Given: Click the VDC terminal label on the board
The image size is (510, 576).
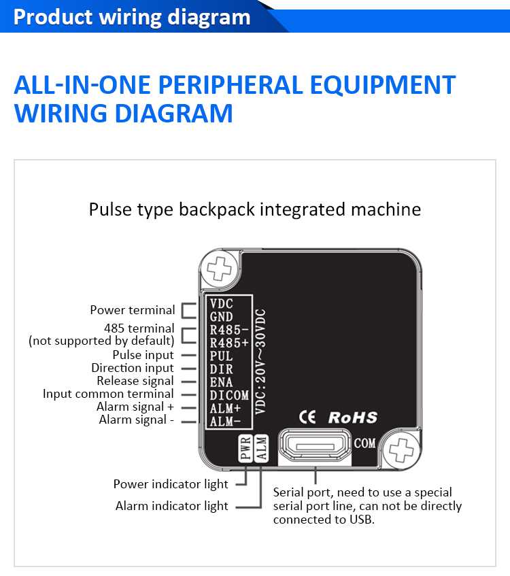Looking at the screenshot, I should click(222, 304).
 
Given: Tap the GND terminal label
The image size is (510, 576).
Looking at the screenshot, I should click(222, 317).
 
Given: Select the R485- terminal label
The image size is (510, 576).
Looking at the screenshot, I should click(226, 330).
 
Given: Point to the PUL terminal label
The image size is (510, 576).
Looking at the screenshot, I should click(222, 356).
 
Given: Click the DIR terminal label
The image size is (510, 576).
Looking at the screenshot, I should click(222, 369).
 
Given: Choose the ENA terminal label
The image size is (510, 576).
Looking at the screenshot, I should click(222, 382).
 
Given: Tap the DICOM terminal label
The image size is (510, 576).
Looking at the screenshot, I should click(229, 394).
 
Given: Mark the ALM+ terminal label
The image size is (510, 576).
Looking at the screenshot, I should click(224, 407).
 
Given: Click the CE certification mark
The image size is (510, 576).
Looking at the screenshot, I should click(308, 417).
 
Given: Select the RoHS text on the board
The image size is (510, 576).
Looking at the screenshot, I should click(352, 417).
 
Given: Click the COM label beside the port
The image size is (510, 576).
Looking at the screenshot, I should click(364, 443).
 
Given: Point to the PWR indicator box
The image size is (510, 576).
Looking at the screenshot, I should click(246, 450).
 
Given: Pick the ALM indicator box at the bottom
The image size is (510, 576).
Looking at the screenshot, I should click(261, 450).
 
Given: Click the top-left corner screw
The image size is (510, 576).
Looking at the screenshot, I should click(220, 268).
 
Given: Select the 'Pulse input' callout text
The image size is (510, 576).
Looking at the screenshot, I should click(143, 355).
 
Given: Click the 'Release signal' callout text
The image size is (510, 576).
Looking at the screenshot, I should click(135, 381).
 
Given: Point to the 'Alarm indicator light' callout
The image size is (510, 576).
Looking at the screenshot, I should click(171, 506).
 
